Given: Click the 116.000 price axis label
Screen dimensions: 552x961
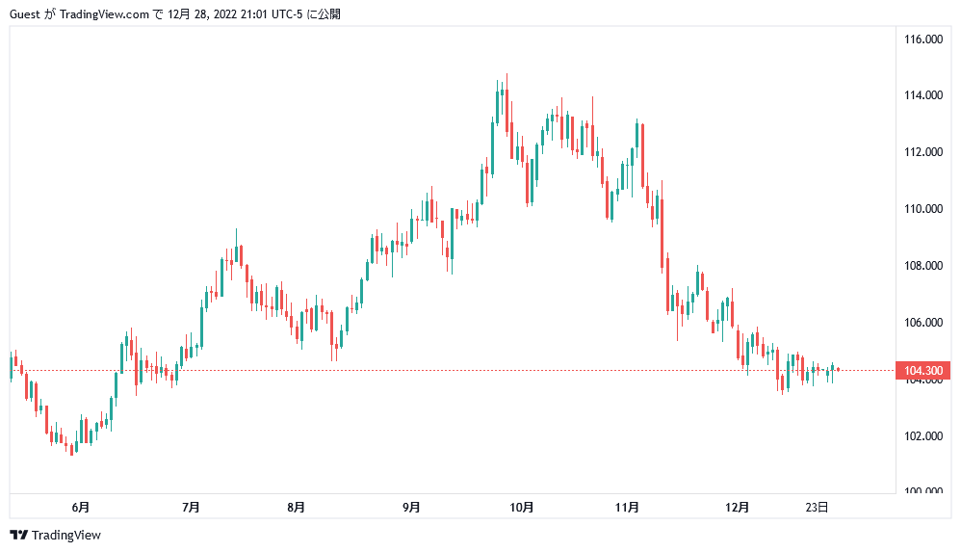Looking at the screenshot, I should tap(922, 39).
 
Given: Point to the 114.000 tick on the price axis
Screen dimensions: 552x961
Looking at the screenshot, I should tap(922, 95).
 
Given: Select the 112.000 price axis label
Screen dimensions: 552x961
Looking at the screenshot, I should tap(922, 152).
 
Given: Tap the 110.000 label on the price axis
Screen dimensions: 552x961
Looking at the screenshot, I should tap(922, 209).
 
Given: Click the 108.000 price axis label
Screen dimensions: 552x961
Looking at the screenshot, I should tap(922, 266).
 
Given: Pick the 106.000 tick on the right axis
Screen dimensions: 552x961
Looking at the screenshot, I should tap(922, 323).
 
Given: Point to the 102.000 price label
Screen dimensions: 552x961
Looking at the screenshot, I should tap(922, 435).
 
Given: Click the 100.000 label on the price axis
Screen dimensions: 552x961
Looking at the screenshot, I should tap(922, 492).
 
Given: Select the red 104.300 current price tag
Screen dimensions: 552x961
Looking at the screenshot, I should tap(923, 371).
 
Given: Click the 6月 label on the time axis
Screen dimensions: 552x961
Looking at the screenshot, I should tap(81, 507).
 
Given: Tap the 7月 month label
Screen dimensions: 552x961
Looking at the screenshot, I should tap(191, 507).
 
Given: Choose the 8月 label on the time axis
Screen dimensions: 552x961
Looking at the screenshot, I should tap(297, 507).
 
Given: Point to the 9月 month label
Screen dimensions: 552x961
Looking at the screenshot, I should tap(411, 507).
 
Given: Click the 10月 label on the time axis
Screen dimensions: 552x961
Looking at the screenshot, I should tap(522, 507).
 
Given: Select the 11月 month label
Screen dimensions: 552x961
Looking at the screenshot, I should tap(627, 507).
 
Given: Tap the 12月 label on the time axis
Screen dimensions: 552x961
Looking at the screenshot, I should tap(738, 507).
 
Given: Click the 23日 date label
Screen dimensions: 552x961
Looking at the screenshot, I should tap(817, 507).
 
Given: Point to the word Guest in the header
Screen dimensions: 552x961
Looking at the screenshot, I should tap(25, 14).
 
